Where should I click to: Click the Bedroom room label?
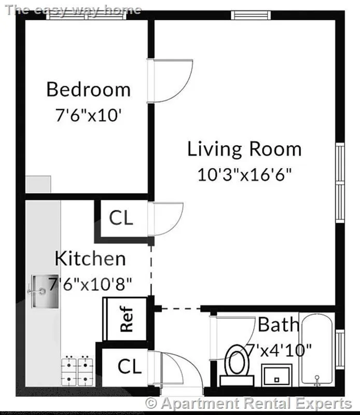[88, 89]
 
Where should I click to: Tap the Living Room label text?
[244, 149]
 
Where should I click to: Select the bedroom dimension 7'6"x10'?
[88, 115]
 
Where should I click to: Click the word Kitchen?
[90, 258]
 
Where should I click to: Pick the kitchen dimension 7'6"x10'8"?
[90, 283]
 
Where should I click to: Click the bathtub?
[317, 350]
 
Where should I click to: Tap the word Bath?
[279, 325]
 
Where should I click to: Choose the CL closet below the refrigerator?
[129, 367]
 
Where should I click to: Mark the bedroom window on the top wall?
[86, 15]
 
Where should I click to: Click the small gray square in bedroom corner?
[38, 185]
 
